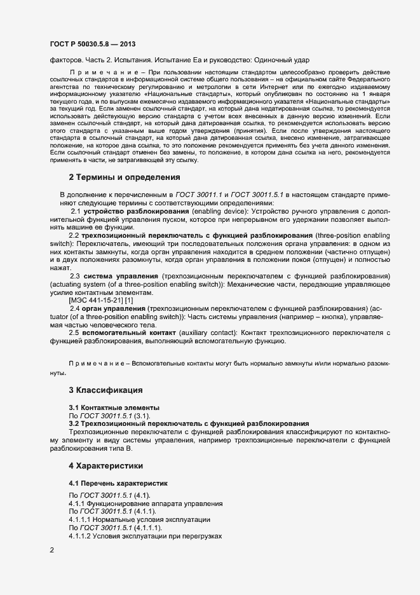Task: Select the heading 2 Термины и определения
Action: point(125,176)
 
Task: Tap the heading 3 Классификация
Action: point(105,389)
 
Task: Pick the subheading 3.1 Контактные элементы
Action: point(105,407)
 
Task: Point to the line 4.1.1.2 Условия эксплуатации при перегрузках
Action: point(144,537)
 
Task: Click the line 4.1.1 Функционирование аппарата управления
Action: point(145,503)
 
